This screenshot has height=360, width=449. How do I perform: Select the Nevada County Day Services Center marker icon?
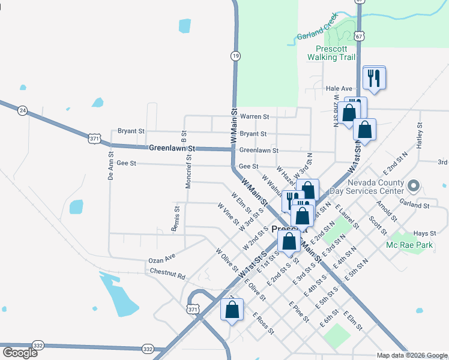(412, 185)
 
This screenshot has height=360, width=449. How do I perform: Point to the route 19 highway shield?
(235, 56)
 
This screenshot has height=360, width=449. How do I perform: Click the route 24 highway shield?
(23, 110)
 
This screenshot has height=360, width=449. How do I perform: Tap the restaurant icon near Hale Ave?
(374, 77)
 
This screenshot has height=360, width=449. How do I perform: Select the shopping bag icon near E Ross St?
(232, 310)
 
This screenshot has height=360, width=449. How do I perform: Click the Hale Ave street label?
(338, 88)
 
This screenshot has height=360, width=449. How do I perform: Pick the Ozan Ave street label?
(161, 259)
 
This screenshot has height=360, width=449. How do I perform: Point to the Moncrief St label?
(188, 172)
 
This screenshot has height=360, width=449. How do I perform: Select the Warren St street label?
(255, 116)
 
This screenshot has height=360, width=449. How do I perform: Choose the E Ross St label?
(264, 323)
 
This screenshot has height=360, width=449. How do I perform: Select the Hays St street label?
(424, 233)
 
